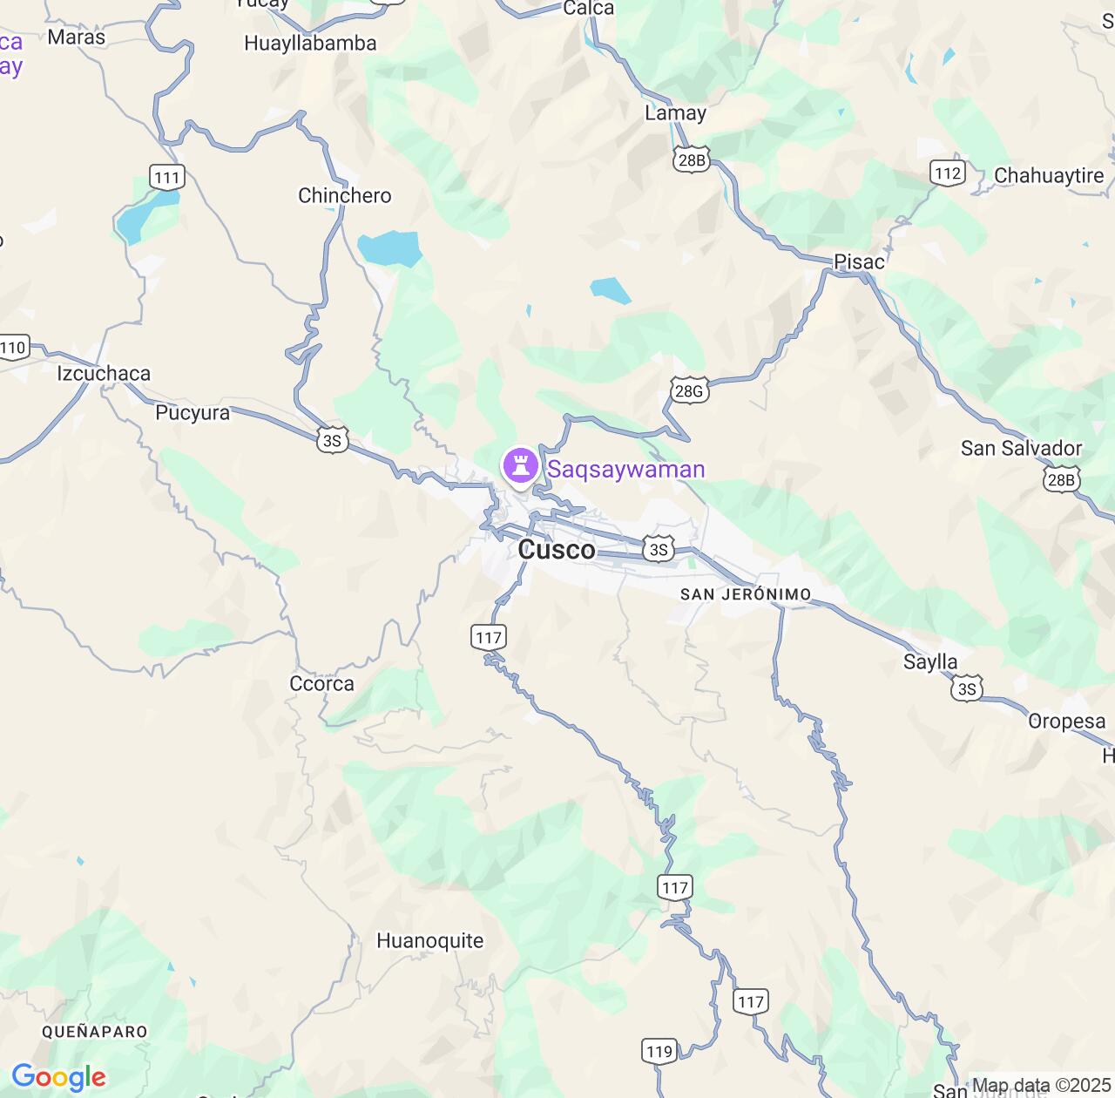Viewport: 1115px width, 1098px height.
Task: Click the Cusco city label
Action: pyautogui.click(x=557, y=549)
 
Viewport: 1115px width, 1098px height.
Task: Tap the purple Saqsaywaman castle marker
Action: pyautogui.click(x=521, y=464)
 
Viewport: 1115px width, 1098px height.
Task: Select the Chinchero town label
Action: pyautogui.click(x=345, y=195)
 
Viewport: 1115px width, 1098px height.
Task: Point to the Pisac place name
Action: pyautogui.click(x=859, y=261)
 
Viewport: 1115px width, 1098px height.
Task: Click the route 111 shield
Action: pyautogui.click(x=166, y=178)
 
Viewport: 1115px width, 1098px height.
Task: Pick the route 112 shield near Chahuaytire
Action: pyautogui.click(x=948, y=173)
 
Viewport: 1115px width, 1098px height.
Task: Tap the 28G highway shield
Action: pyautogui.click(x=688, y=391)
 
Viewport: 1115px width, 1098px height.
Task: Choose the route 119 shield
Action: pyautogui.click(x=659, y=1051)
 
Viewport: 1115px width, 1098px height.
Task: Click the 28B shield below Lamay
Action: pyautogui.click(x=691, y=159)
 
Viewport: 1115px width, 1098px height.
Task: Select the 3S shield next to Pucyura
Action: pyautogui.click(x=332, y=441)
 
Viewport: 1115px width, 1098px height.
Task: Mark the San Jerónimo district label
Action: pyautogui.click(x=746, y=594)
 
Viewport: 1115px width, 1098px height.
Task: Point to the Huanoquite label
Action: pyautogui.click(x=429, y=940)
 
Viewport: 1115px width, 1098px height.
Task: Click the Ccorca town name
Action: pyautogui.click(x=321, y=684)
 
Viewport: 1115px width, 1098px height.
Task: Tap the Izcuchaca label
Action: pyautogui.click(x=104, y=373)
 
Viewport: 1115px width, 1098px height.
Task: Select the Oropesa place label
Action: pyautogui.click(x=1066, y=722)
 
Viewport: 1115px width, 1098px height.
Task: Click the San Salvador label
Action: pyautogui.click(x=1021, y=448)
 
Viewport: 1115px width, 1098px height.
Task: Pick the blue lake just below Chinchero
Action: pyautogui.click(x=389, y=248)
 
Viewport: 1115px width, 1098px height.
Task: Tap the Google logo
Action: pyautogui.click(x=58, y=1077)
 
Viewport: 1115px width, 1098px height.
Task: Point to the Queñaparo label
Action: pyautogui.click(x=95, y=1032)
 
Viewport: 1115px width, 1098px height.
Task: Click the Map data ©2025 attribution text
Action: pyautogui.click(x=1041, y=1086)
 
